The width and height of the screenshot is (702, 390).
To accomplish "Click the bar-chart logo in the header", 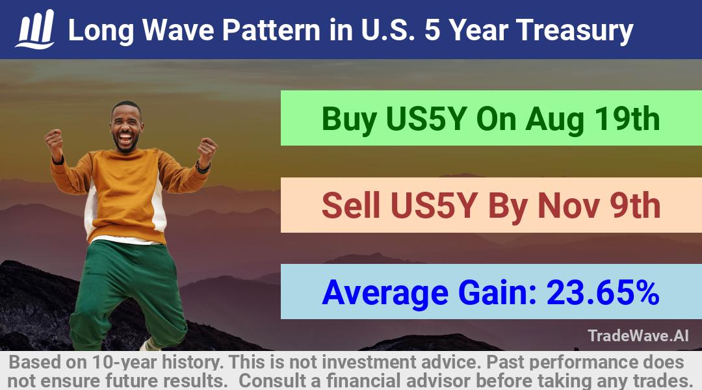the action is pos(35,29).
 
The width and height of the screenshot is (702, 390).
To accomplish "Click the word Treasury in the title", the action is pos(575,31).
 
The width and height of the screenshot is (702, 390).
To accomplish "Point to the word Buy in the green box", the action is pos(349,120).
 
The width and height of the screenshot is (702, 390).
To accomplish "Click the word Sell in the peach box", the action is pos(351,205).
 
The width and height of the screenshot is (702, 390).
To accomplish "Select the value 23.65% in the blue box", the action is pos(603,292).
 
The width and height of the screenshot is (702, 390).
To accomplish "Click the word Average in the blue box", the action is pos(385,293).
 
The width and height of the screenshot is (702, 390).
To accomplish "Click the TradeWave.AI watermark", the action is pos(638,335).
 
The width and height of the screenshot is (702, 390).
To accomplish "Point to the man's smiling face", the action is pos(126,127).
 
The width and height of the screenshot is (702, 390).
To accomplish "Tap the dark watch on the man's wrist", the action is pos(203,168).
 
